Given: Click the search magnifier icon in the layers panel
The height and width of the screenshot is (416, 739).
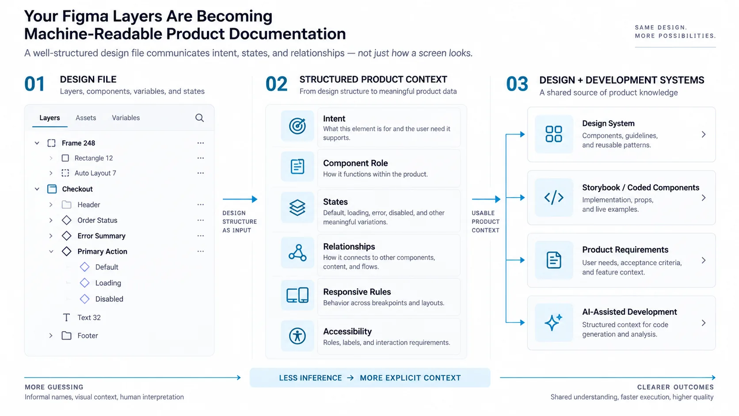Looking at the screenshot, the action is (199, 118).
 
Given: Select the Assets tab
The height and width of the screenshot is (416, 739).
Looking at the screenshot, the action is (86, 118).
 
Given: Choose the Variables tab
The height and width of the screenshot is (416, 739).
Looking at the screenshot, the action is (126, 118).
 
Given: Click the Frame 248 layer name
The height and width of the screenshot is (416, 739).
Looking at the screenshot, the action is (79, 143).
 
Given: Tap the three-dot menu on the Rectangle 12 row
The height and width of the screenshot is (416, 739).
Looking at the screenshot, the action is (201, 158).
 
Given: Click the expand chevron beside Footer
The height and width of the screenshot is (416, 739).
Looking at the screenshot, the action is (51, 336).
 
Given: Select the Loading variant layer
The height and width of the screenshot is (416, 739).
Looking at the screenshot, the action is (108, 283).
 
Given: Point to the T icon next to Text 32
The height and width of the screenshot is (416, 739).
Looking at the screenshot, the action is (66, 317).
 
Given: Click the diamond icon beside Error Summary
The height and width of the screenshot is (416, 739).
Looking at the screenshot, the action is (66, 236).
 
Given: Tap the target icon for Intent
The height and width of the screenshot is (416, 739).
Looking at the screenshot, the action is (297, 126).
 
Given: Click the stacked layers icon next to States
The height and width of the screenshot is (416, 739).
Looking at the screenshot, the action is (297, 207).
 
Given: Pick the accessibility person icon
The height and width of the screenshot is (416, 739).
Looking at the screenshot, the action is (297, 336).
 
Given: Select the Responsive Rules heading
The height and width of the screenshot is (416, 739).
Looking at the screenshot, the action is (357, 292).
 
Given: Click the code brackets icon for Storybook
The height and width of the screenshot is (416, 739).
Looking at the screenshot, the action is (554, 198).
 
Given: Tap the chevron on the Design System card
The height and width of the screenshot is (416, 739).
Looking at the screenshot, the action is (704, 134).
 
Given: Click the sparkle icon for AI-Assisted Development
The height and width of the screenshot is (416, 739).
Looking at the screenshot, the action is (554, 322).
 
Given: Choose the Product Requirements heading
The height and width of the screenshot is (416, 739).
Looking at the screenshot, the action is (625, 250).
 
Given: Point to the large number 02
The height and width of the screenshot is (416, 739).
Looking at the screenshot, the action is (277, 84).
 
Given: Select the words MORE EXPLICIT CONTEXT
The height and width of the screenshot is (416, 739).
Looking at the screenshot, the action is (410, 378).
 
